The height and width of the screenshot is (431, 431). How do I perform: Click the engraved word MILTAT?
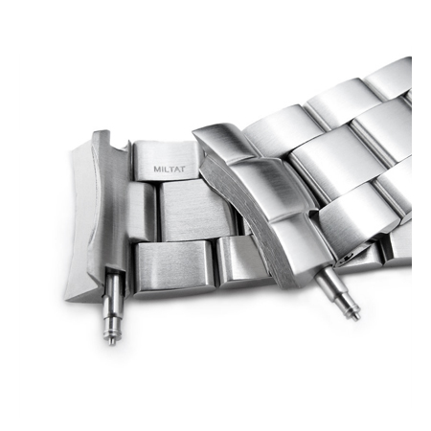point(170,169)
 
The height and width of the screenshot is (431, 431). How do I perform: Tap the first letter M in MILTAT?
point(157,169)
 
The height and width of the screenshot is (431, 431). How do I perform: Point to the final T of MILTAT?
point(182,169)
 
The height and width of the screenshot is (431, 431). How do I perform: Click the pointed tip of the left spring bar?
point(111,344)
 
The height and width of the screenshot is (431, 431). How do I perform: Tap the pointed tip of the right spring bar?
point(357,318)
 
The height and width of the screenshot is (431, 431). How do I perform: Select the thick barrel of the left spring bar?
point(113,294)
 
